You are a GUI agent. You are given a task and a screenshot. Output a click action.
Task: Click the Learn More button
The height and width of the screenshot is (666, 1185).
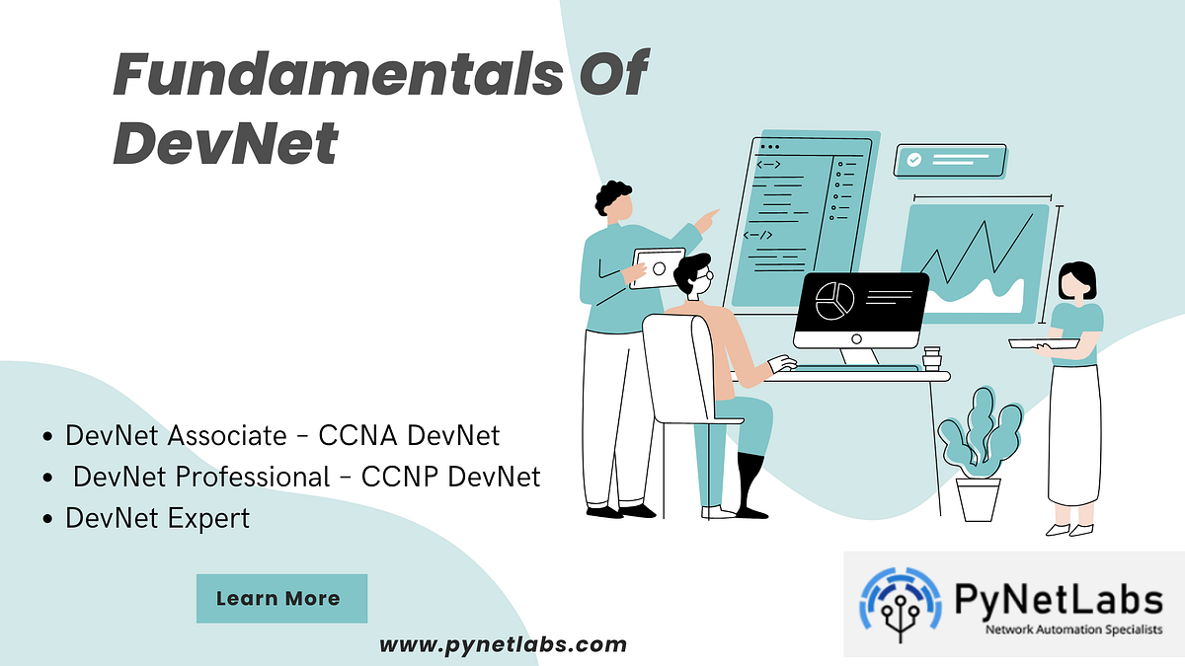[x=281, y=598]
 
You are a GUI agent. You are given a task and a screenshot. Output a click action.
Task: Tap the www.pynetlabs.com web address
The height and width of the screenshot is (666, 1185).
[x=503, y=645]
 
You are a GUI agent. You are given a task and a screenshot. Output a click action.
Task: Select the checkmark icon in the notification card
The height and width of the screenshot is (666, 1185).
[x=914, y=159]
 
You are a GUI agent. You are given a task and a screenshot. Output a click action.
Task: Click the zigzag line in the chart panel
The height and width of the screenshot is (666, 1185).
[x=973, y=251]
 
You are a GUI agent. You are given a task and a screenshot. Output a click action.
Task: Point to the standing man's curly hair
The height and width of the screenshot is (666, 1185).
[x=613, y=195]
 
